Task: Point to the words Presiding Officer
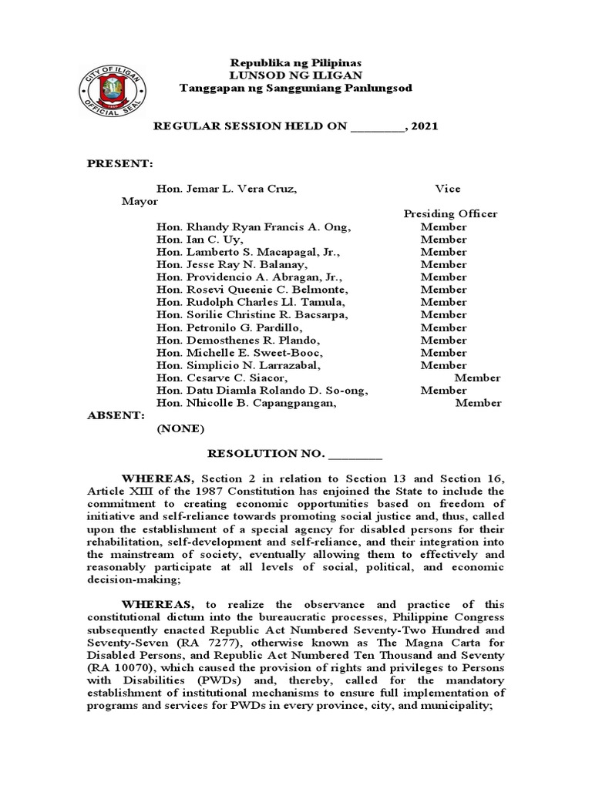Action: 450,214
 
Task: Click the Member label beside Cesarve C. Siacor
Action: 477,378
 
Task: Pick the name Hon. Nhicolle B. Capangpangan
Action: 247,403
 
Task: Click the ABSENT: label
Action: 116,415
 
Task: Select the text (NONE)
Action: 181,428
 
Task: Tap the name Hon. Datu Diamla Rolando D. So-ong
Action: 262,390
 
